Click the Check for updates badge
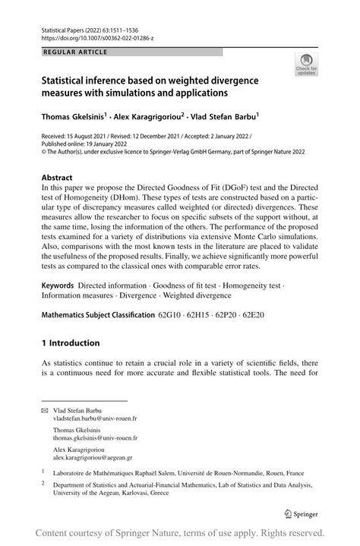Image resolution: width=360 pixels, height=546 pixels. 308,65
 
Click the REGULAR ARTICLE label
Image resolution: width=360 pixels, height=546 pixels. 76,52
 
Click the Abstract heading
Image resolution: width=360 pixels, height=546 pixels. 57,177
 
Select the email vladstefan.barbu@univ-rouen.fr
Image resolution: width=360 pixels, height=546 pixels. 95,418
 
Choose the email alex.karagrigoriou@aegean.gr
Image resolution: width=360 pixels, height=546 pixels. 93,458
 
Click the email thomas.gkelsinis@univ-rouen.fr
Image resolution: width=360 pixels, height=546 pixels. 95,438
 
